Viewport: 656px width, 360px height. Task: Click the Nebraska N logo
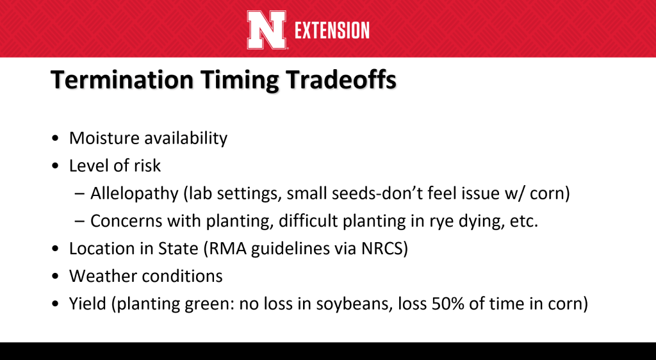[x=266, y=29]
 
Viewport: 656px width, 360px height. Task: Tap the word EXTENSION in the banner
[x=332, y=31]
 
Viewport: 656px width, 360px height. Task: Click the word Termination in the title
[x=122, y=79]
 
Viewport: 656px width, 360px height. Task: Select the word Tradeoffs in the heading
[x=341, y=79]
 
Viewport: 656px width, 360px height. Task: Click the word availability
[x=186, y=138]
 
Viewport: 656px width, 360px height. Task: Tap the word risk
[x=147, y=165]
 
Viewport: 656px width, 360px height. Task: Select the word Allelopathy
[x=135, y=193]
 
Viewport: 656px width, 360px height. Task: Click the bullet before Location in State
[x=56, y=249]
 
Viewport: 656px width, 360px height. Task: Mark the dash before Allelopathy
[x=79, y=194]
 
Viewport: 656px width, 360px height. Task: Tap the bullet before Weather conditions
[x=56, y=276]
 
